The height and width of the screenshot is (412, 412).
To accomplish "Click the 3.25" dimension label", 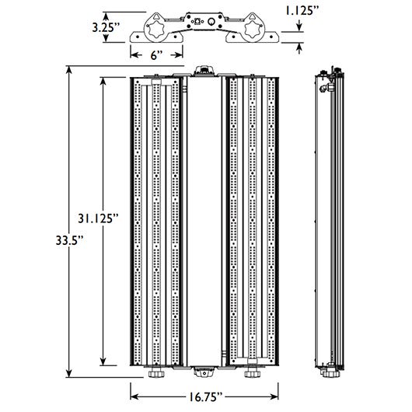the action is (106, 27).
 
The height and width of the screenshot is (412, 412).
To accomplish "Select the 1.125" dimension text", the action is (302, 11).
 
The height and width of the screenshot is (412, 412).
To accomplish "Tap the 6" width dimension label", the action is (156, 55).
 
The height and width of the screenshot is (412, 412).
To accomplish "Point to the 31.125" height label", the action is (98, 218).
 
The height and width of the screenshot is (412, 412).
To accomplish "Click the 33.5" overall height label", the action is (69, 241).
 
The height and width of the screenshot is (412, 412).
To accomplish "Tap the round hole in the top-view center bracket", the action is (211, 22).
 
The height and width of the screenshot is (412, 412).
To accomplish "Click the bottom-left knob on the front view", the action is (156, 374).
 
